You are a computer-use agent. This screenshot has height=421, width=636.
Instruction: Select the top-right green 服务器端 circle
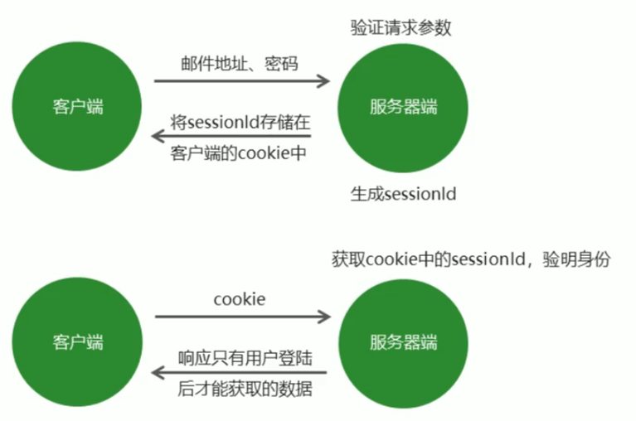click(x=402, y=108)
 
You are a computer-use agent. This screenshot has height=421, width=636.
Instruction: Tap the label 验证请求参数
click(x=401, y=28)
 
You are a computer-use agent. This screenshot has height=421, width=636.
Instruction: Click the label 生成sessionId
click(x=404, y=194)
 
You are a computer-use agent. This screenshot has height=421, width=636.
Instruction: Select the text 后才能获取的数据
click(x=245, y=389)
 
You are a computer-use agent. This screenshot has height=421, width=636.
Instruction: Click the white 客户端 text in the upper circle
click(x=78, y=108)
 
